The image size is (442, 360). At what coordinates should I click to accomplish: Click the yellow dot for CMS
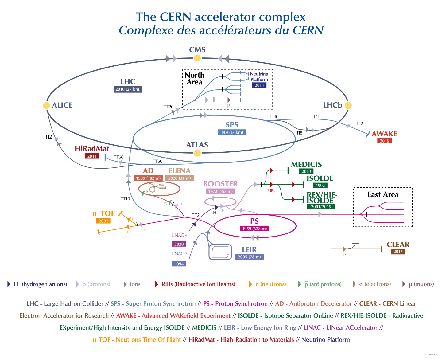pyautogui.click(x=197, y=58)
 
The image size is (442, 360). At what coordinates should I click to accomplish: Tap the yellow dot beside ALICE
pyautogui.click(x=46, y=105)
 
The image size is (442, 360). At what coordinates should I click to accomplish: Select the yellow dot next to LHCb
pyautogui.click(x=348, y=105)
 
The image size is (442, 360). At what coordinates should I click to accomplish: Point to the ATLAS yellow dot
pyautogui.click(x=197, y=153)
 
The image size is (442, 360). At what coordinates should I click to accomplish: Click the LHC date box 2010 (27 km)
pyautogui.click(x=128, y=89)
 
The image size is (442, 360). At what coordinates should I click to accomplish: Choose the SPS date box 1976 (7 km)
pyautogui.click(x=232, y=132)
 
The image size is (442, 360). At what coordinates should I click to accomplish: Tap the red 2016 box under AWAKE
pyautogui.click(x=384, y=141)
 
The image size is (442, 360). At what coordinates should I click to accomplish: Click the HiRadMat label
pyautogui.click(x=92, y=149)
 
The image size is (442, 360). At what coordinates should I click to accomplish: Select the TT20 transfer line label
pyautogui.click(x=169, y=107)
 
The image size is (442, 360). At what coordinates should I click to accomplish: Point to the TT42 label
pyautogui.click(x=358, y=123)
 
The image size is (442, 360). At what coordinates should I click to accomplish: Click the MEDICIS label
pyautogui.click(x=306, y=165)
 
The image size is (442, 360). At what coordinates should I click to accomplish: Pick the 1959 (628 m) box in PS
pyautogui.click(x=254, y=229)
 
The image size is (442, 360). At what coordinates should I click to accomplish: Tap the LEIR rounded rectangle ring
pyautogui.click(x=220, y=252)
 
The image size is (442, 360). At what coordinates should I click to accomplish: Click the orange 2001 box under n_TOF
pyautogui.click(x=103, y=221)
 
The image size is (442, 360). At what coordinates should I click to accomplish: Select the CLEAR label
pyautogui.click(x=398, y=245)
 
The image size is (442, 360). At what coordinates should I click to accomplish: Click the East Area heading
pyautogui.click(x=383, y=195)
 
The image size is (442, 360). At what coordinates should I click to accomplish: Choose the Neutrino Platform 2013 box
pyautogui.click(x=259, y=85)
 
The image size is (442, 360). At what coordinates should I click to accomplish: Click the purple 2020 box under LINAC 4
pyautogui.click(x=179, y=244)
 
